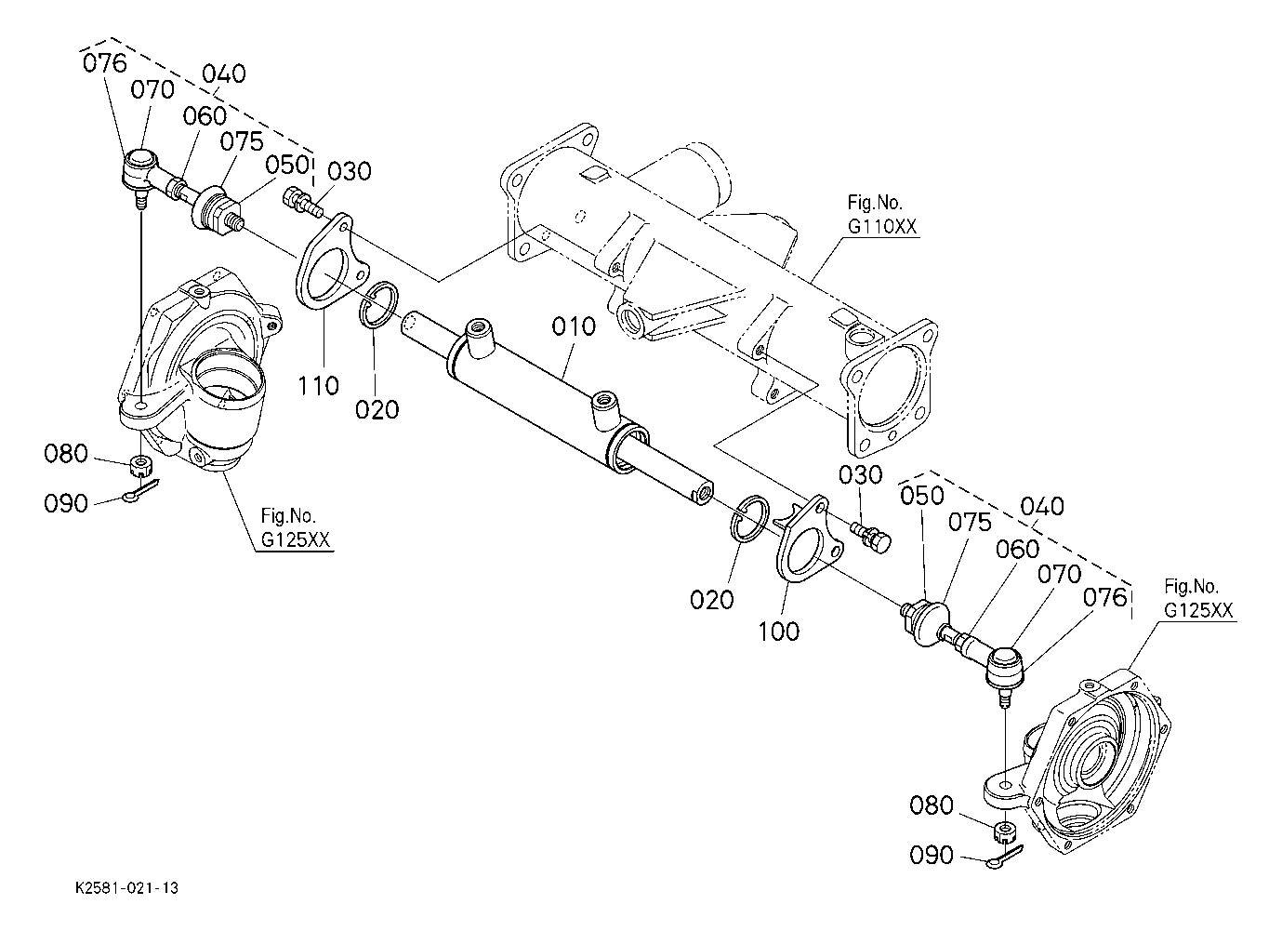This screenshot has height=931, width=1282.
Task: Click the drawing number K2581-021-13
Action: (126, 888)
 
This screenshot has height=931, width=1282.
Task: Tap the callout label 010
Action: (574, 326)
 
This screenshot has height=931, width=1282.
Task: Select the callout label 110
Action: (318, 385)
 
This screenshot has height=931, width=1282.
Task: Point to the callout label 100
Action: (778, 632)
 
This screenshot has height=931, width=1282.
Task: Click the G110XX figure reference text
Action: (882, 227)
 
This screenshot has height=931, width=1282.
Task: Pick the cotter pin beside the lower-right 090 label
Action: (1005, 858)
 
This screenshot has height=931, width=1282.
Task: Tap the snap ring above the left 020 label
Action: (377, 305)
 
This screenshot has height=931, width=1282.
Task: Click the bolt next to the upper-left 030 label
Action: (302, 204)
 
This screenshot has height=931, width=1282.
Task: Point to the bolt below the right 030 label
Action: (871, 536)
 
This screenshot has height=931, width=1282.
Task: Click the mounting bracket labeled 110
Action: (331, 261)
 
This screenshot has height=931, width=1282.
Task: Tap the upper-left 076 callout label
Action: (105, 63)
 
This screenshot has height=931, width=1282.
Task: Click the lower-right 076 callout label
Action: (1104, 598)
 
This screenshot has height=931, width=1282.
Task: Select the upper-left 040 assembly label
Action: (224, 73)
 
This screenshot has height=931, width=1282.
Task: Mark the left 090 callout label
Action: (66, 504)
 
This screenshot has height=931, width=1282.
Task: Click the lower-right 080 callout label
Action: (932, 805)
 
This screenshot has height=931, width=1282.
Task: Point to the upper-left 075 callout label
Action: (242, 141)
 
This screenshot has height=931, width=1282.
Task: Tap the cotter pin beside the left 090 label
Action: (140, 491)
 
